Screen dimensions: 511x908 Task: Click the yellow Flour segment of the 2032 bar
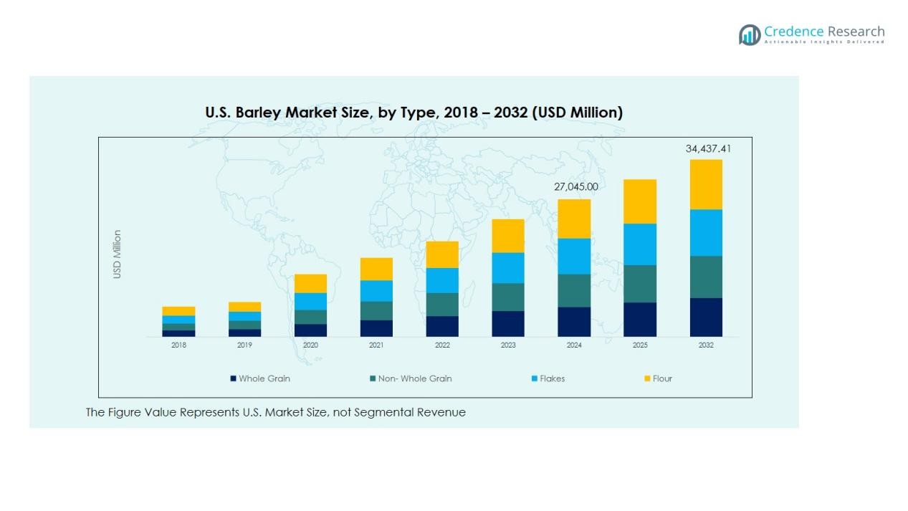pyautogui.click(x=706, y=184)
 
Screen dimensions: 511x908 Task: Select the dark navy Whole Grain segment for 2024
pyautogui.click(x=574, y=322)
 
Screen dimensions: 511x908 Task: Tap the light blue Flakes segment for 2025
pyautogui.click(x=640, y=244)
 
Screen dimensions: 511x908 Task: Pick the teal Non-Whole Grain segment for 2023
pyautogui.click(x=508, y=297)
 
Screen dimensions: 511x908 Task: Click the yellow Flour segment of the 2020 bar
pyautogui.click(x=310, y=283)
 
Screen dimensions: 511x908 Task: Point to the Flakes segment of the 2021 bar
pyautogui.click(x=376, y=290)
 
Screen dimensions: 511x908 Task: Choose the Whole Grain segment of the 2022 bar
pyautogui.click(x=442, y=326)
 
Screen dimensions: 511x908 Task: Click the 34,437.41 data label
pyautogui.click(x=708, y=149)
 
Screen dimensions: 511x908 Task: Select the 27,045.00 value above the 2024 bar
pyautogui.click(x=575, y=187)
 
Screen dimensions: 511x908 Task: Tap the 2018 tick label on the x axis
pyautogui.click(x=178, y=345)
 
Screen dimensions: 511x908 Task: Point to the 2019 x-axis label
pyautogui.click(x=244, y=345)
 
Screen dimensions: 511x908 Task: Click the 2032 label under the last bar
pyautogui.click(x=706, y=345)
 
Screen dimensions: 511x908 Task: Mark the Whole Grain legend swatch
pyautogui.click(x=233, y=378)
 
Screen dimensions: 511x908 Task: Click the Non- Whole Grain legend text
pyautogui.click(x=415, y=378)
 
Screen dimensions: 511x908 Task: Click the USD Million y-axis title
pyautogui.click(x=118, y=254)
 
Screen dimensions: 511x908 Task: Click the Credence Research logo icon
pyautogui.click(x=750, y=34)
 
